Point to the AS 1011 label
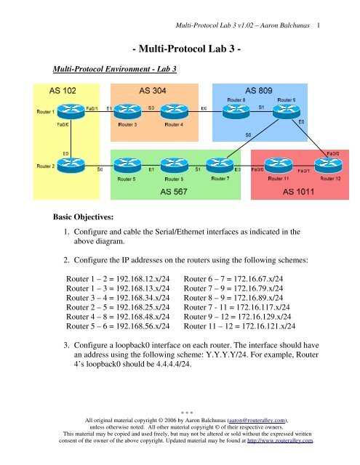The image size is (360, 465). click(300, 192)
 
